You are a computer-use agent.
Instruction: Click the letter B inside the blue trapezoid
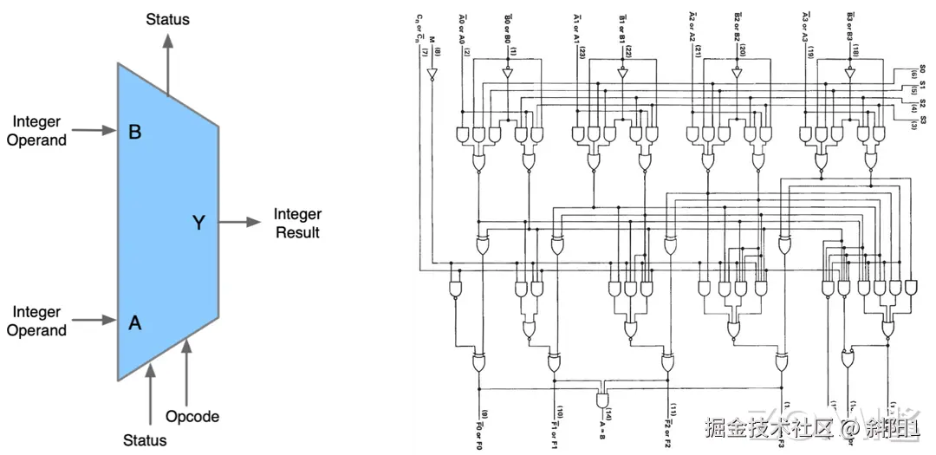[x=134, y=132]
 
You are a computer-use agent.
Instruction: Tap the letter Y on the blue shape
[x=198, y=223]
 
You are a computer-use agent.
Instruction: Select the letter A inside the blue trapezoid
[x=134, y=322]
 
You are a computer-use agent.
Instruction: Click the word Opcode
[x=192, y=416]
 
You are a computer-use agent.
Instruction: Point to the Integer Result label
[x=297, y=223]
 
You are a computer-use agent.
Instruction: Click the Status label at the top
[x=167, y=18]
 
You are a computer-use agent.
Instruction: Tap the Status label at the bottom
[x=144, y=439]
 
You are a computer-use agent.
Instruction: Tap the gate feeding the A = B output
[x=601, y=397]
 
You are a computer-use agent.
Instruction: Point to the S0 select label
[x=922, y=69]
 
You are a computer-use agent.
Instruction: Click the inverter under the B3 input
[x=850, y=75]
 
